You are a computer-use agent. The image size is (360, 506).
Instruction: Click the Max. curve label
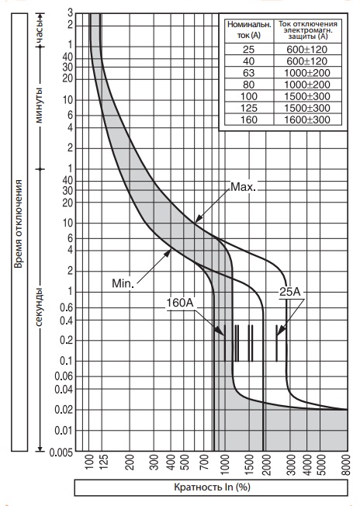click(x=243, y=187)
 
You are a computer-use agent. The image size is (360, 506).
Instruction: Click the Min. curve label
click(x=123, y=283)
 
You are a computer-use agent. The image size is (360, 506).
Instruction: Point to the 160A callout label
click(x=180, y=303)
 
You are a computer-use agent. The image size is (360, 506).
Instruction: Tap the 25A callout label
click(x=289, y=292)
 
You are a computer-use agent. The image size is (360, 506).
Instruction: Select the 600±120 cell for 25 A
click(x=306, y=50)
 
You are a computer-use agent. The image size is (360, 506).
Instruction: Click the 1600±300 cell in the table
click(x=306, y=120)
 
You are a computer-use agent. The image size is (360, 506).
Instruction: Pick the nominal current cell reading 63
click(x=249, y=73)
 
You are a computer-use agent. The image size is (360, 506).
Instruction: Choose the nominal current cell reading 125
click(x=249, y=108)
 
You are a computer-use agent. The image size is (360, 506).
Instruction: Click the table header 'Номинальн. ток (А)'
click(x=249, y=30)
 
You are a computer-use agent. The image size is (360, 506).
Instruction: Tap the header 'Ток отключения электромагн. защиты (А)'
click(x=308, y=30)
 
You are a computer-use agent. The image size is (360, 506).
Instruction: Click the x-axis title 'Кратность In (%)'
click(x=212, y=487)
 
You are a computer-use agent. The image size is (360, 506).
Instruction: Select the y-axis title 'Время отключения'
click(x=19, y=224)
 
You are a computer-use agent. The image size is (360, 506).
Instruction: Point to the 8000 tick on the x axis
click(x=346, y=465)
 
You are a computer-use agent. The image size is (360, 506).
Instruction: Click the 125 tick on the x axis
click(x=103, y=462)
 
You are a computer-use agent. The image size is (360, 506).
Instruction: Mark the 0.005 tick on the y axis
click(x=61, y=452)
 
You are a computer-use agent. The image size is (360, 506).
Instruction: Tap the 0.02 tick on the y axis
click(x=64, y=410)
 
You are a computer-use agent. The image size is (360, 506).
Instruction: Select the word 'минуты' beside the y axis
click(x=39, y=105)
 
